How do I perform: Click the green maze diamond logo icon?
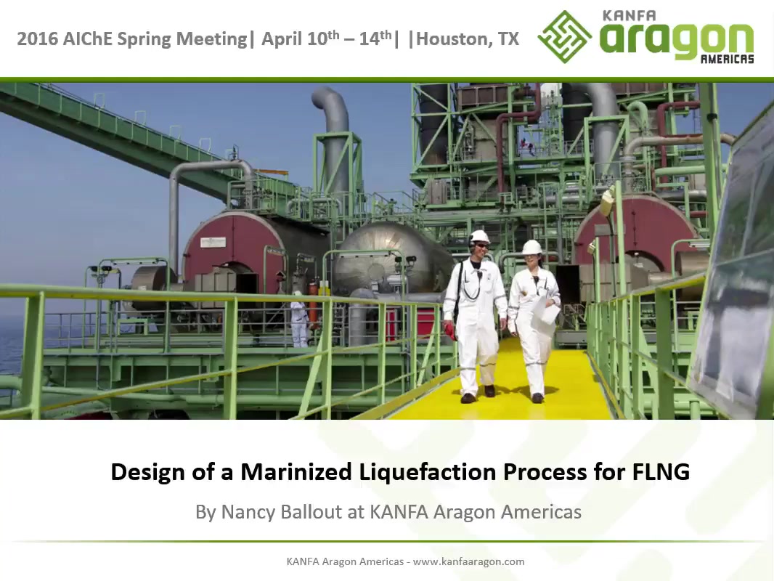[564, 37]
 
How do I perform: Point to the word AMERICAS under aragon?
[727, 60]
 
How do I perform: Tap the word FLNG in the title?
[661, 472]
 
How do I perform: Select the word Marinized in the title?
[296, 472]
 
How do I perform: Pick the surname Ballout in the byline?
[311, 511]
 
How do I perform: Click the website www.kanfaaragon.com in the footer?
[468, 561]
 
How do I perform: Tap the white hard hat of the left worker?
[478, 237]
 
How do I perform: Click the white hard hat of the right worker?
[531, 247]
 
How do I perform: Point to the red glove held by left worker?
[449, 330]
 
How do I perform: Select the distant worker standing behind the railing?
[299, 320]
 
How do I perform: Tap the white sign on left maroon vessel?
[213, 243]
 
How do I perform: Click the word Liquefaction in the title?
[427, 472]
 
